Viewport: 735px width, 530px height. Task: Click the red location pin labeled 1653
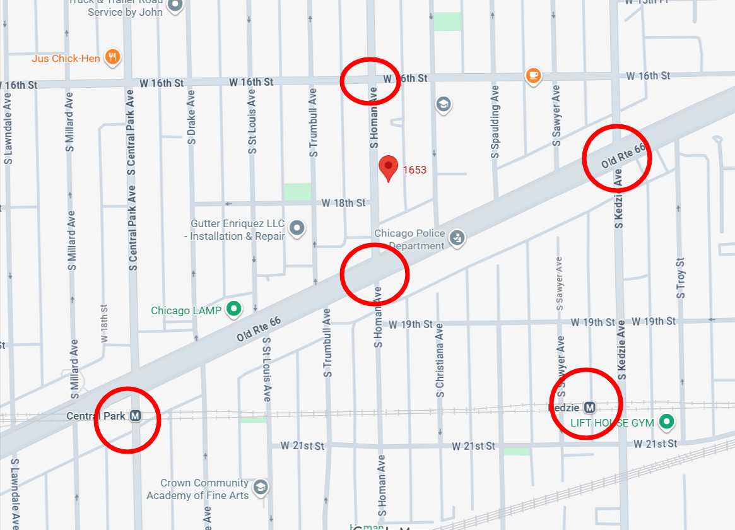[x=388, y=168]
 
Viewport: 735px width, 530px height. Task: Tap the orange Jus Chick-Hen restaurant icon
[x=114, y=57]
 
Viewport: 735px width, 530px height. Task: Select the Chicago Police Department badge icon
[x=458, y=238]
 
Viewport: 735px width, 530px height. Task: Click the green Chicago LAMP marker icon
[x=235, y=309]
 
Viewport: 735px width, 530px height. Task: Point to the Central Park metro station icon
[x=136, y=416]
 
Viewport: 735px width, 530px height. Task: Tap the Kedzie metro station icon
[x=591, y=407]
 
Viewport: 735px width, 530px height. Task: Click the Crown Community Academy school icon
[x=261, y=487]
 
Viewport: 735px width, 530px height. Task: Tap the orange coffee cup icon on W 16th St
[x=534, y=75]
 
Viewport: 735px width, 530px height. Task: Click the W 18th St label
[x=343, y=203]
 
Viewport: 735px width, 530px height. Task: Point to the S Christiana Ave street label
[x=440, y=360]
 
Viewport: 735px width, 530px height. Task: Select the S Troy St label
[x=680, y=278]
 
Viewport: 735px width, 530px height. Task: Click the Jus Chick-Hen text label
[x=66, y=59]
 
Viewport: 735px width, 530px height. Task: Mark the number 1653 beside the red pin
[x=415, y=170]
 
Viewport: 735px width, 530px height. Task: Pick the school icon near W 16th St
[x=444, y=104]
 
